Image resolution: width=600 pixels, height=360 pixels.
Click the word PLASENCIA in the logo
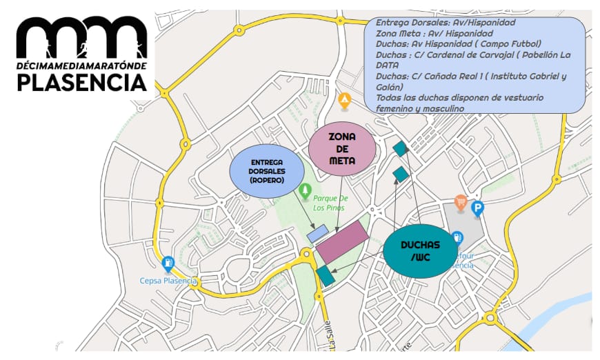click(x=82, y=83)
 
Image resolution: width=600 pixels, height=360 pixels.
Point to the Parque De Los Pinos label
click(x=319, y=202)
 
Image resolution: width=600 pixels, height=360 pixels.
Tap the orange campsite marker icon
click(x=344, y=101)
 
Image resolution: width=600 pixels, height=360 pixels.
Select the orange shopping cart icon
click(x=461, y=201)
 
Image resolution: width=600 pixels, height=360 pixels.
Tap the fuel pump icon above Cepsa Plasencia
click(x=168, y=263)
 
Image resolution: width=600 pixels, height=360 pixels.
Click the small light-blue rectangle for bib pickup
click(x=317, y=233)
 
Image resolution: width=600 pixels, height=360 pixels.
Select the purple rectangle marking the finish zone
click(x=343, y=241)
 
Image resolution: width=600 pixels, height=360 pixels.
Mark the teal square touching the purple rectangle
click(x=325, y=276)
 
